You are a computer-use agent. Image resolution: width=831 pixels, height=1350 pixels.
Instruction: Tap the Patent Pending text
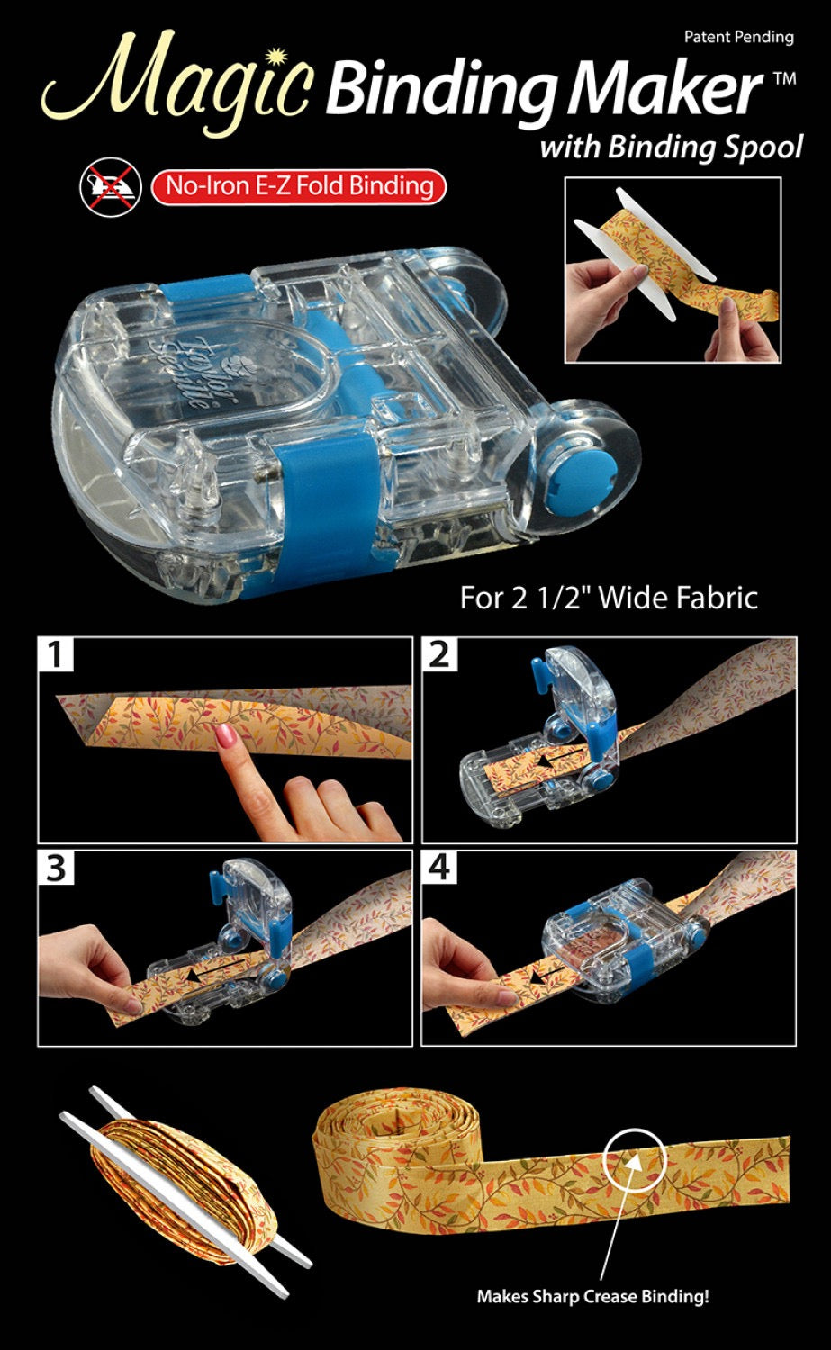738,37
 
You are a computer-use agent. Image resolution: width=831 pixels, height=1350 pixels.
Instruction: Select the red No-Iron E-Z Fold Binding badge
298,186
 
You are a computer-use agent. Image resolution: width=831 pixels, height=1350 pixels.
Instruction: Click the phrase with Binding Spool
671,146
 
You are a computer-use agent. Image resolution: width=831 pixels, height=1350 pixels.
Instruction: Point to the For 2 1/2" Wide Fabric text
609,598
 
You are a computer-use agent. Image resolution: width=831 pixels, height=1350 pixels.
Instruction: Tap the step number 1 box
56,654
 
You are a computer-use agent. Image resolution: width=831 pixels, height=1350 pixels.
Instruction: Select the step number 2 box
439,654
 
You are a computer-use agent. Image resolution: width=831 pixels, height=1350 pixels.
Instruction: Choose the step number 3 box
56,868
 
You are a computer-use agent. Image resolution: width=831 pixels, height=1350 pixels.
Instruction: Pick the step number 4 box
439,868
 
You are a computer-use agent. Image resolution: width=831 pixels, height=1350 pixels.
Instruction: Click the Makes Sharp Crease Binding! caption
592,1297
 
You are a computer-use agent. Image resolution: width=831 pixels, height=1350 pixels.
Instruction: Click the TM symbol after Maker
784,79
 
